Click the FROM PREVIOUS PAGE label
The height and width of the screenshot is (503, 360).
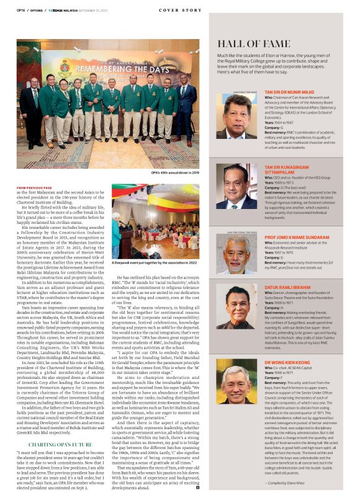click(x=35, y=187)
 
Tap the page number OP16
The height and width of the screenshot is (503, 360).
click(x=20, y=10)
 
